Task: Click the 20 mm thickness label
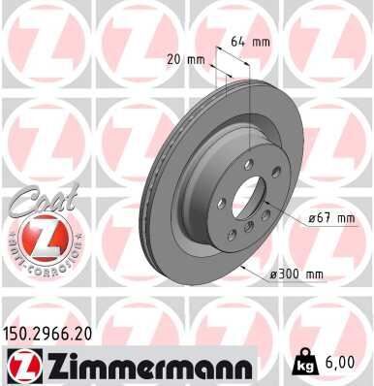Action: tap(186, 58)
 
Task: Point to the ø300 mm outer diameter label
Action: tap(296, 274)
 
